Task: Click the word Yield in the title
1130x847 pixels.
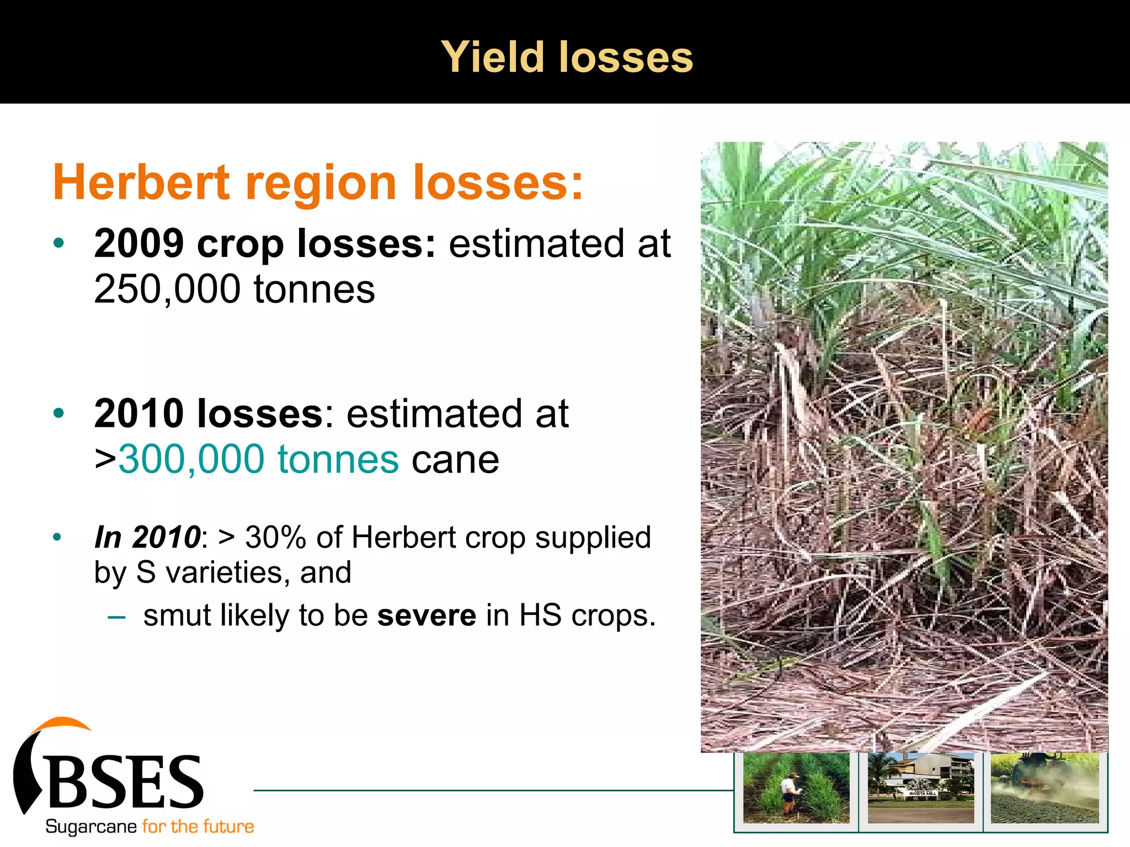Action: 493,57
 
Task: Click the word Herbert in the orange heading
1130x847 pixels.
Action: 141,183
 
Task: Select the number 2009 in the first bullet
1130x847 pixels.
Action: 139,243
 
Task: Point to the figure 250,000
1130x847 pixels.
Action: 167,289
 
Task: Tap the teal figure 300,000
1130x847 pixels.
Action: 191,459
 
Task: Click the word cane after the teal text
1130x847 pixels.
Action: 455,459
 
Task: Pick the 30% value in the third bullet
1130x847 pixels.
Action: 275,537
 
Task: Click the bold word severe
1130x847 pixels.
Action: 427,615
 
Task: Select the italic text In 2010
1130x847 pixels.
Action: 147,537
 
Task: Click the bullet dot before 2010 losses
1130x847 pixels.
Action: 59,413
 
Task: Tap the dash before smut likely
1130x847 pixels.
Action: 117,616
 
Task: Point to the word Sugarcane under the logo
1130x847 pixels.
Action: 91,827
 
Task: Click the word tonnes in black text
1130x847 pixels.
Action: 314,289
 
